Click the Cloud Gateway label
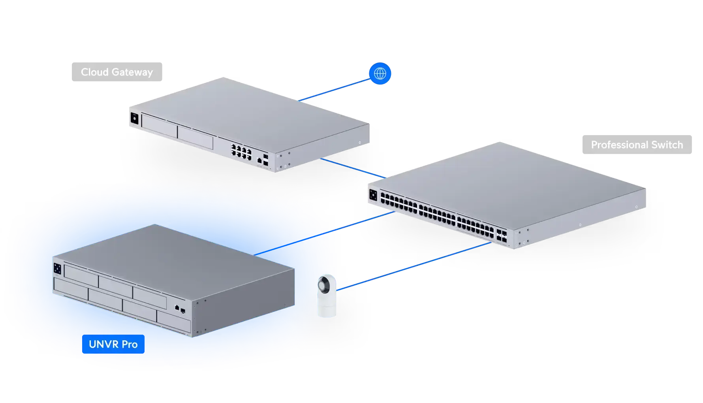pos(117,72)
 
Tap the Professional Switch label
pos(636,145)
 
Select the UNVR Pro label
pos(113,344)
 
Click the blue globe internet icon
pos(380,73)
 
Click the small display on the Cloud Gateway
pos(133,118)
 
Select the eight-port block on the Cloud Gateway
pos(241,152)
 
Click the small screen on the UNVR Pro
pos(58,268)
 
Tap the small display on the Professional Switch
pos(373,195)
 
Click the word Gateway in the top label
pos(132,72)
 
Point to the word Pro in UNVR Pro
pos(130,344)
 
